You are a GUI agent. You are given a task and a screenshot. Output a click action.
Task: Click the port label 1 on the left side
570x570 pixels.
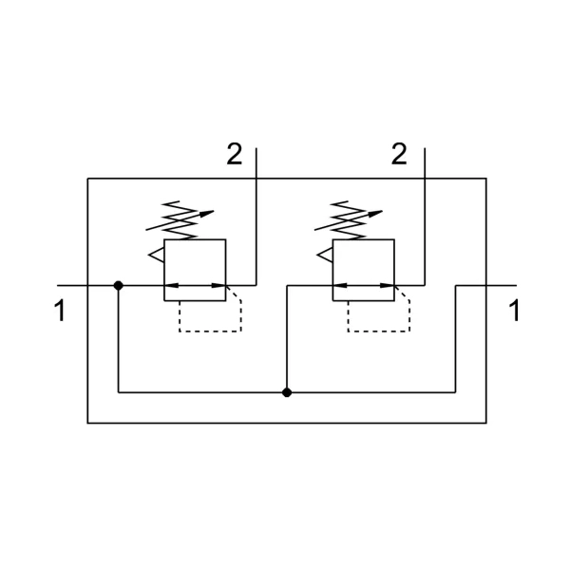[x=60, y=310]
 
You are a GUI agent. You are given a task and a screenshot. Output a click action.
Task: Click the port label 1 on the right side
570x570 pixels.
[x=514, y=310]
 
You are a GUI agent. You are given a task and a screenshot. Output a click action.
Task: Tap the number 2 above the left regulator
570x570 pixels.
[x=235, y=154]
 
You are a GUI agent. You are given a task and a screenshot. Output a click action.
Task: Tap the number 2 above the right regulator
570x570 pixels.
[x=399, y=154]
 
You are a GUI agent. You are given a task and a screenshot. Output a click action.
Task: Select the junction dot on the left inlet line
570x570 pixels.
[x=118, y=286]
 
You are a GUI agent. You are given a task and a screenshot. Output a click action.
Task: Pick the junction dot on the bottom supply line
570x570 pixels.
[x=287, y=392]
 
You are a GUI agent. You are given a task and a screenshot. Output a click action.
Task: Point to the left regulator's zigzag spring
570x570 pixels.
[x=180, y=220]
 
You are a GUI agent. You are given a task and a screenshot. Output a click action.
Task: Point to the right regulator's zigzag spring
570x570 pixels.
[x=349, y=220]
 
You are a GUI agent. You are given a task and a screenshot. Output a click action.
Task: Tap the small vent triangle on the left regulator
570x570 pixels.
[x=157, y=255]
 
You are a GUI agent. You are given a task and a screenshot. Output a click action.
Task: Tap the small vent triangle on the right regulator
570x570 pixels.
[x=325, y=255]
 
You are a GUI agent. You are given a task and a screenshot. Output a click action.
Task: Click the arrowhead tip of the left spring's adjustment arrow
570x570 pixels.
[x=214, y=211]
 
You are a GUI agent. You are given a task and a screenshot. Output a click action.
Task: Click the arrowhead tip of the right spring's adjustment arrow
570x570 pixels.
[x=383, y=211]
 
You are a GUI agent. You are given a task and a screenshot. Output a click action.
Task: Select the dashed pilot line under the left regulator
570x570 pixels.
[x=210, y=332]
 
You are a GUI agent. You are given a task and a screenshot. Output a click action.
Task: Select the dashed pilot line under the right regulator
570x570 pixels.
[x=379, y=332]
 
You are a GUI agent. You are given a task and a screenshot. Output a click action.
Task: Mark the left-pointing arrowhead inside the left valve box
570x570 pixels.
[x=171, y=286]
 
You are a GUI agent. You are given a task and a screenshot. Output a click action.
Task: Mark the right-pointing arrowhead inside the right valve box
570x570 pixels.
[x=388, y=286]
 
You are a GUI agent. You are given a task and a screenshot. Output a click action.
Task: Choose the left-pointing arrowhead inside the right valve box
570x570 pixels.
[x=340, y=286]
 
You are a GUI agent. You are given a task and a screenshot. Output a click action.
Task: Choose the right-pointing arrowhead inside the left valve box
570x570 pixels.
[x=218, y=286]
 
